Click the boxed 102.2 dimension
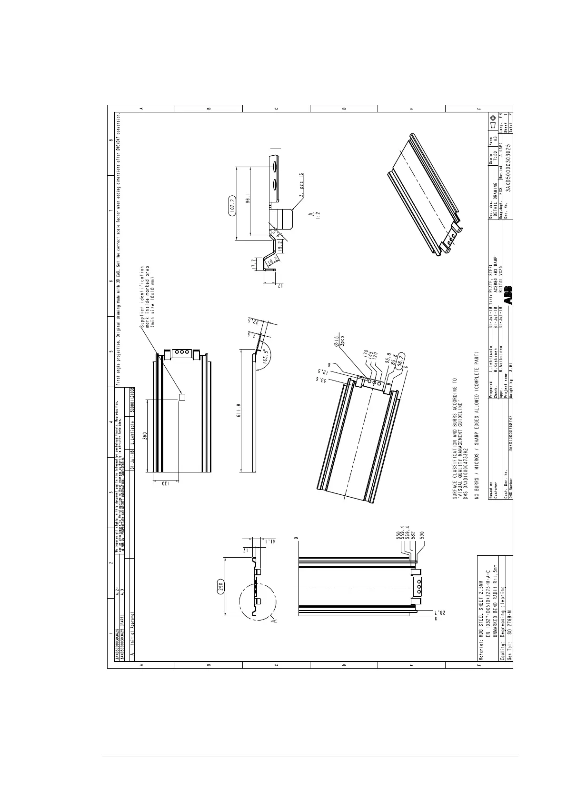(232, 205)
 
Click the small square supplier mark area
(181, 397)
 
